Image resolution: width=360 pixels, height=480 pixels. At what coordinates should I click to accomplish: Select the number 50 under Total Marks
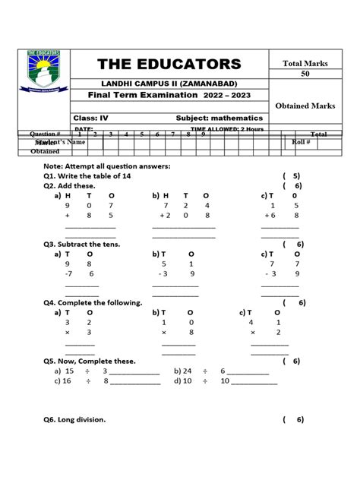coord(305,74)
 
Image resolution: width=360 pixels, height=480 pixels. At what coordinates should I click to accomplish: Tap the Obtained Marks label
coord(305,106)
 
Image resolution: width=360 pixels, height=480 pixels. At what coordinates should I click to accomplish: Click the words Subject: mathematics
coord(219,118)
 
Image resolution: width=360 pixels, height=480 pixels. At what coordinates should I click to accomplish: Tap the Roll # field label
coord(302,142)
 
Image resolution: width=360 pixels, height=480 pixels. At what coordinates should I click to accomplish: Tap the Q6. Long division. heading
coord(74,419)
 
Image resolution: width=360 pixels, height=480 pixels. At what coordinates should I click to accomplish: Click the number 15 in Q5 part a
coord(69,371)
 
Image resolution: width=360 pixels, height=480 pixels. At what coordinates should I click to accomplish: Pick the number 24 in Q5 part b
coord(187,371)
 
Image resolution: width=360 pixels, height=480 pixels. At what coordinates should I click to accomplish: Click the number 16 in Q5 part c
coord(68,381)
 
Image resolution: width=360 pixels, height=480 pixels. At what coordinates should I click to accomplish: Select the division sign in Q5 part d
coord(204,381)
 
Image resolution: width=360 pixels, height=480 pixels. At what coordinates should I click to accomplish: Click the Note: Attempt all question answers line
coord(106,166)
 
